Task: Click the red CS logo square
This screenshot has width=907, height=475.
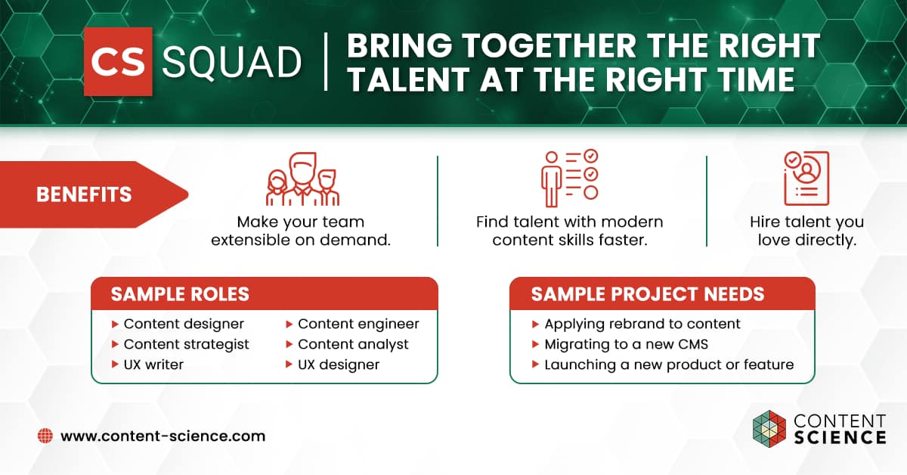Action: pyautogui.click(x=118, y=61)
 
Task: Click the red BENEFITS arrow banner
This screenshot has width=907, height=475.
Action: pyautogui.click(x=94, y=194)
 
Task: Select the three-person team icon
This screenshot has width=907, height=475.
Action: pyautogui.click(x=302, y=179)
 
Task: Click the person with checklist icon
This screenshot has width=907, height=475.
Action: pyautogui.click(x=570, y=178)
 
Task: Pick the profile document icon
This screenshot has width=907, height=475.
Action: pyautogui.click(x=806, y=179)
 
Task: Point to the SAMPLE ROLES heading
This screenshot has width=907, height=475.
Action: pyautogui.click(x=180, y=294)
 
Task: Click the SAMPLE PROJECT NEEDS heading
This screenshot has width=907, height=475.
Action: pyautogui.click(x=648, y=294)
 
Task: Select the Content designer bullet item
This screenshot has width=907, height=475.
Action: pyautogui.click(x=178, y=324)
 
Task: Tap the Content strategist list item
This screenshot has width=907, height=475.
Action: pyautogui.click(x=180, y=344)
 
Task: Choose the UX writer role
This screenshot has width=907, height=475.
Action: pyautogui.click(x=148, y=365)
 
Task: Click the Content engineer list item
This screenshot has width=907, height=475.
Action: pyautogui.click(x=352, y=324)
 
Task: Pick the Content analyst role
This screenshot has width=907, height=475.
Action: pyautogui.click(x=347, y=344)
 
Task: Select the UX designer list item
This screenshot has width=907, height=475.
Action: pyautogui.click(x=333, y=365)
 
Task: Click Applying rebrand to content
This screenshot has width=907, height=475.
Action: pyautogui.click(x=636, y=324)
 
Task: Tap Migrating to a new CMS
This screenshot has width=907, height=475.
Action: pyautogui.click(x=620, y=344)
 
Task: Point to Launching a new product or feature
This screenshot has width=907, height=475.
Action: pyautogui.click(x=663, y=365)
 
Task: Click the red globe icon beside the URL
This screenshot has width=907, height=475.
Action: pyautogui.click(x=45, y=436)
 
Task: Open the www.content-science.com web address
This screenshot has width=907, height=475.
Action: pyautogui.click(x=163, y=436)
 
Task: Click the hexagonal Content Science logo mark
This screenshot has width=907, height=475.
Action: pyautogui.click(x=769, y=429)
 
